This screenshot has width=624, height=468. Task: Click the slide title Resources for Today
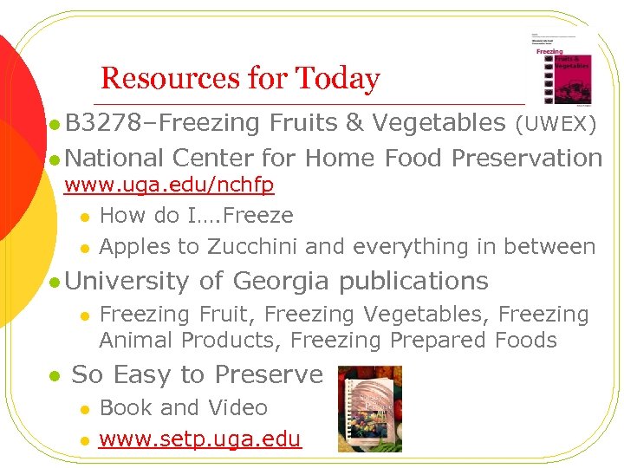click(240, 79)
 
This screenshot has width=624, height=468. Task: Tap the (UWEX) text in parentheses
click(556, 126)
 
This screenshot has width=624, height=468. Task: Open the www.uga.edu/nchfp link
click(170, 185)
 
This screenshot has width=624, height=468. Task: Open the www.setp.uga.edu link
click(200, 439)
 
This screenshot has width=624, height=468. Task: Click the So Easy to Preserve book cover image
click(369, 410)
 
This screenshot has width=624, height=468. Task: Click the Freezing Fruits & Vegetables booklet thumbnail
click(562, 68)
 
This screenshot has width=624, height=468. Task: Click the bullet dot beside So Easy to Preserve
click(54, 376)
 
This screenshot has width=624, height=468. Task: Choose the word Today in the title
click(338, 79)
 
